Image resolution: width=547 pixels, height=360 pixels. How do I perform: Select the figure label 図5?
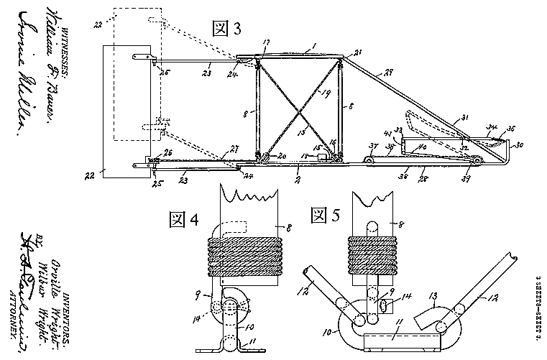point(324,215)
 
